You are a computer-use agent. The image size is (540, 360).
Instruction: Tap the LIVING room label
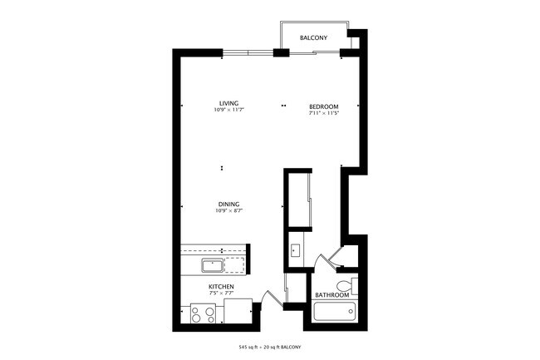click(228, 103)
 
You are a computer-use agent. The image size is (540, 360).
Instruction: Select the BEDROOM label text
click(323, 106)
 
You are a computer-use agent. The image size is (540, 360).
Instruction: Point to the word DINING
click(228, 204)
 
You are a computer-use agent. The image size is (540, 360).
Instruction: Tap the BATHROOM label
click(331, 294)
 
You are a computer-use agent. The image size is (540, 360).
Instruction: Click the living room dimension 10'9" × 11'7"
click(228, 110)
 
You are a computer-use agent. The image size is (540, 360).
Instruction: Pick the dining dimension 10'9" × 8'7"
click(228, 210)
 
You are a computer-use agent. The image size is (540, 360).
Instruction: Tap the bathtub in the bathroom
click(335, 314)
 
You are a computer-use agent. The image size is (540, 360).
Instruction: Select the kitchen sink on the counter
click(210, 265)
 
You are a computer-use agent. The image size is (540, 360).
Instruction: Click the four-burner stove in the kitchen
click(202, 313)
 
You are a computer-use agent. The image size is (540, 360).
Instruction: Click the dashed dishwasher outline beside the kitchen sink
click(236, 265)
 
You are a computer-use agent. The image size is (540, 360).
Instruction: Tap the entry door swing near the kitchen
click(268, 297)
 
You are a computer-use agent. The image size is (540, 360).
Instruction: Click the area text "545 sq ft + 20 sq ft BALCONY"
click(270, 345)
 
